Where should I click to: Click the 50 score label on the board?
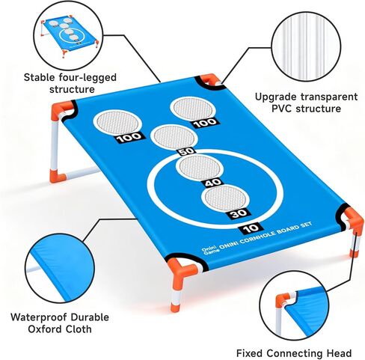187,151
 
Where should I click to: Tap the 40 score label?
213,183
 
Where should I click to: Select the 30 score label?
238,214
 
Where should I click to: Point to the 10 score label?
251,228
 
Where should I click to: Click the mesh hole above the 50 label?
174,138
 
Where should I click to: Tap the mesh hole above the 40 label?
199,167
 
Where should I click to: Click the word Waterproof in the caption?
39,317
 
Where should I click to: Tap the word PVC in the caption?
282,109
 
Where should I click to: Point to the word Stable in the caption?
40,77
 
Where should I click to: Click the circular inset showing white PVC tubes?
306,46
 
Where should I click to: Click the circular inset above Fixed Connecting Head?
294,305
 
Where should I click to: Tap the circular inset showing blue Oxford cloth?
60,268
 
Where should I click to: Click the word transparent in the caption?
329,97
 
